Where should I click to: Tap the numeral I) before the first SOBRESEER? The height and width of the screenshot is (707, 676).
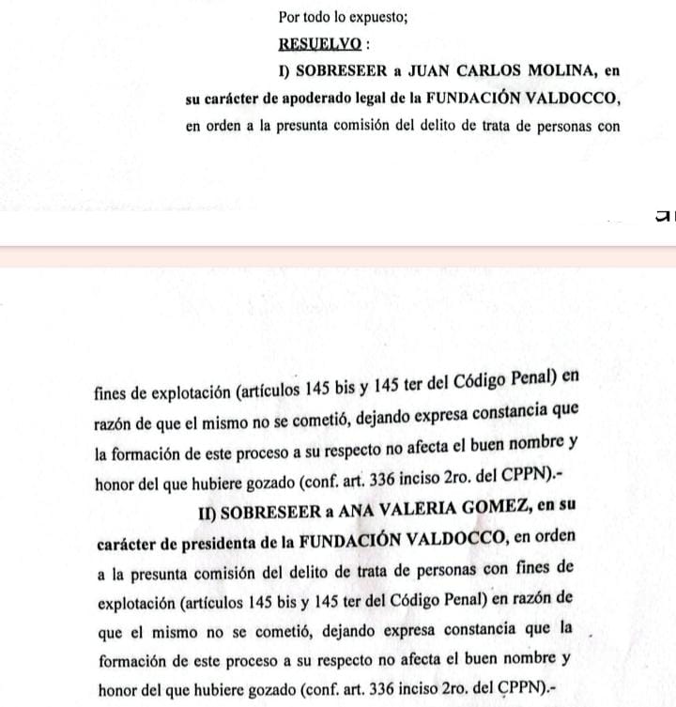(x=285, y=70)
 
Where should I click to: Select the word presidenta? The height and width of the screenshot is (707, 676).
(x=210, y=540)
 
